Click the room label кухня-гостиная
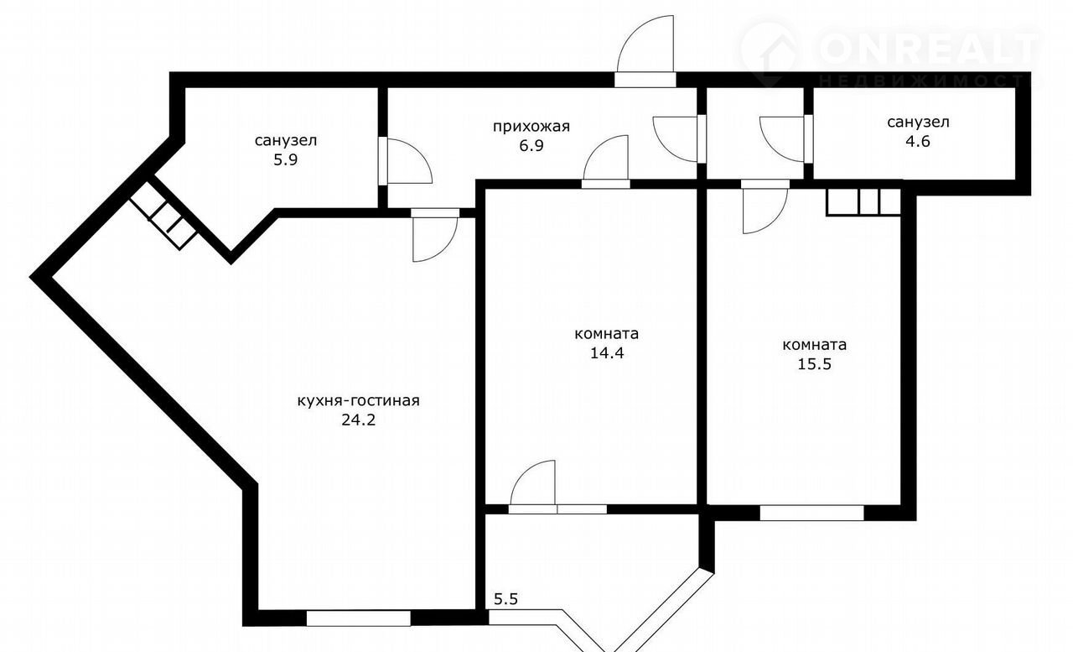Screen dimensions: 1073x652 [358, 401]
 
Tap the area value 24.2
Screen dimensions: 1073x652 [358, 420]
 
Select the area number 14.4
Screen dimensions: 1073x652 [607, 353]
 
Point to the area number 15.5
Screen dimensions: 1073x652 [814, 364]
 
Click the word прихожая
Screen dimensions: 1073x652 [531, 127]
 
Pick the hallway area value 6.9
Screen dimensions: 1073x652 [531, 145]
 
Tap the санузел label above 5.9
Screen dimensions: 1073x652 [286, 141]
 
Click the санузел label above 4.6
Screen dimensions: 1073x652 [918, 123]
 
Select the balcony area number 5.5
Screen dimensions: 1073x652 [505, 599]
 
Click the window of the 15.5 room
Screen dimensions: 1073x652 [812, 513]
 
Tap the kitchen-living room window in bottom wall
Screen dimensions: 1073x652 [358, 618]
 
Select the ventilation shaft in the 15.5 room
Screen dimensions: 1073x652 [863, 202]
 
